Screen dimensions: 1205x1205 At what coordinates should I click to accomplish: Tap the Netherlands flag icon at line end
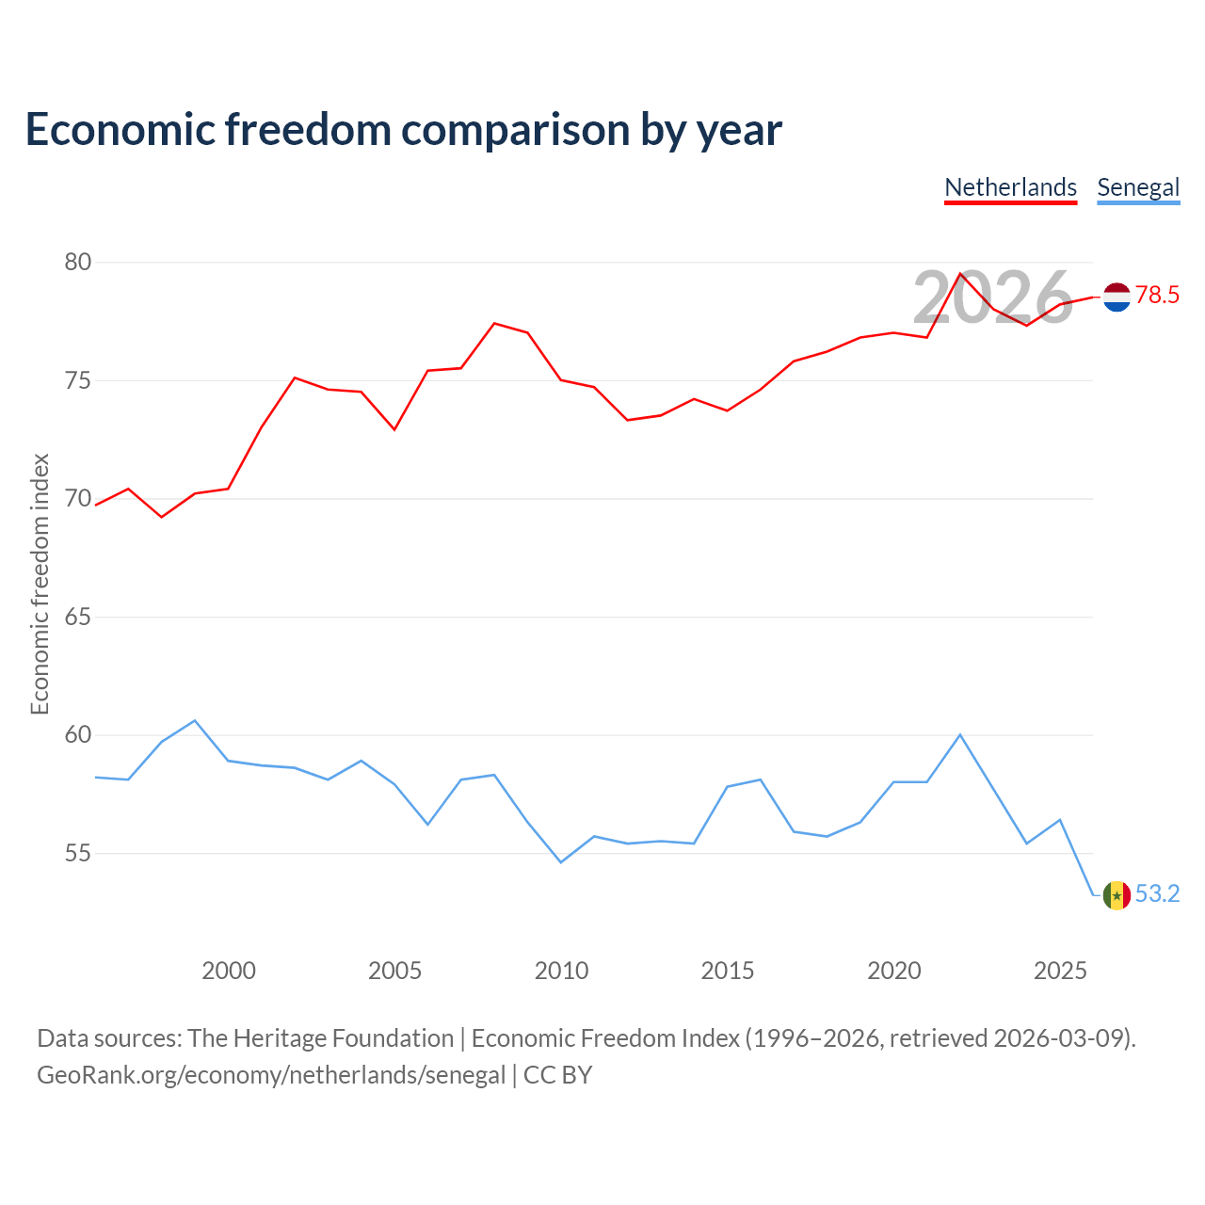(x=1117, y=297)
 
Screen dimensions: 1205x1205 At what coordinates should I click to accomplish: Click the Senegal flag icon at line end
(x=1117, y=895)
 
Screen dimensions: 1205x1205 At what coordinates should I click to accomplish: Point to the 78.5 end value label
(x=1157, y=295)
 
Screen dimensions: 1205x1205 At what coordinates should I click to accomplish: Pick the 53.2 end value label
(x=1157, y=893)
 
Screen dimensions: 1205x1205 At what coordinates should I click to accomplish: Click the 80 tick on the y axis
(x=78, y=262)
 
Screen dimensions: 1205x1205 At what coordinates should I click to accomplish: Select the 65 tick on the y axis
(x=78, y=618)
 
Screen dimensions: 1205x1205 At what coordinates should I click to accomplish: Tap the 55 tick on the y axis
(x=78, y=853)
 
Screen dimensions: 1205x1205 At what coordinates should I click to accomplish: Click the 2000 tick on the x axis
(x=228, y=971)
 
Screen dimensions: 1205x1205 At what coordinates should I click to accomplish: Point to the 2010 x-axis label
(x=561, y=971)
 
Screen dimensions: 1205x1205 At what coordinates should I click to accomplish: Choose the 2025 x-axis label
(x=1060, y=971)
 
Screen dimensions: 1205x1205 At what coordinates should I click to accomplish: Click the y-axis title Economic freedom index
(x=40, y=584)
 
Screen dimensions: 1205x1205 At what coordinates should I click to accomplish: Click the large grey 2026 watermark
(x=992, y=297)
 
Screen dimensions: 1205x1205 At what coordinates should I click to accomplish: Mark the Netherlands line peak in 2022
(x=960, y=273)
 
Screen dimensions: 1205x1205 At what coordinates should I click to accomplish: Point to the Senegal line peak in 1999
(x=195, y=720)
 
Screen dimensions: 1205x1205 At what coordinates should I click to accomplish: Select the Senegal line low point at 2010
(x=561, y=862)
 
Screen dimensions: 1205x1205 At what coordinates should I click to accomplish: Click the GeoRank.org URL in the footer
(x=271, y=1075)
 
